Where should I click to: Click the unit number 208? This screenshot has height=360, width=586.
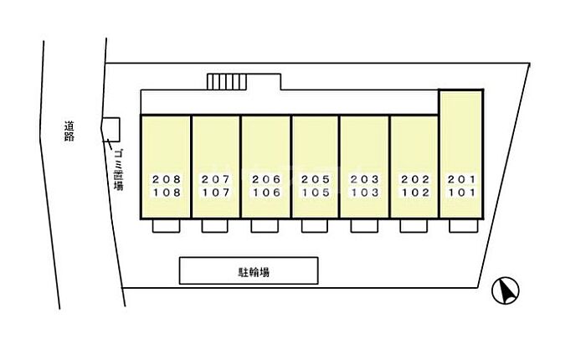[x=165, y=180]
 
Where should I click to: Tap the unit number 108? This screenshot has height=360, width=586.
[x=165, y=192]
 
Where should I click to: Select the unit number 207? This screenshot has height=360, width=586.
[x=215, y=180]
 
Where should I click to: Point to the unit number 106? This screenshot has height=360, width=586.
[x=265, y=192]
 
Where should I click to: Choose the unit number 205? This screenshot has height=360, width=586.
[x=316, y=180]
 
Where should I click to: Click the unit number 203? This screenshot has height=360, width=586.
[x=364, y=180]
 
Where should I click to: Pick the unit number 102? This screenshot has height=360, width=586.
[x=414, y=192]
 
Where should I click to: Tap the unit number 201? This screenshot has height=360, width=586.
[x=461, y=180]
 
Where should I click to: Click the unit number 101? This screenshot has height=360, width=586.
[x=461, y=192]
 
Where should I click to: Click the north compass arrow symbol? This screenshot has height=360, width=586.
[x=506, y=291]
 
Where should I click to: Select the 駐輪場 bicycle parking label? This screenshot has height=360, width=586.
[x=249, y=271]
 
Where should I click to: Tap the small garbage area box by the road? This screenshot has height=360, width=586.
[x=111, y=129]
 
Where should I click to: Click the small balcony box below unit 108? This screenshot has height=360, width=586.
[x=165, y=226]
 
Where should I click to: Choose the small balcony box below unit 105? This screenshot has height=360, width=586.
[x=314, y=226]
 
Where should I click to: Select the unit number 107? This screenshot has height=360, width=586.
[x=215, y=192]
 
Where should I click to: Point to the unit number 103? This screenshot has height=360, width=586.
[x=364, y=192]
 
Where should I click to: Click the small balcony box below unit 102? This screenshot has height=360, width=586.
[x=413, y=226]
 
